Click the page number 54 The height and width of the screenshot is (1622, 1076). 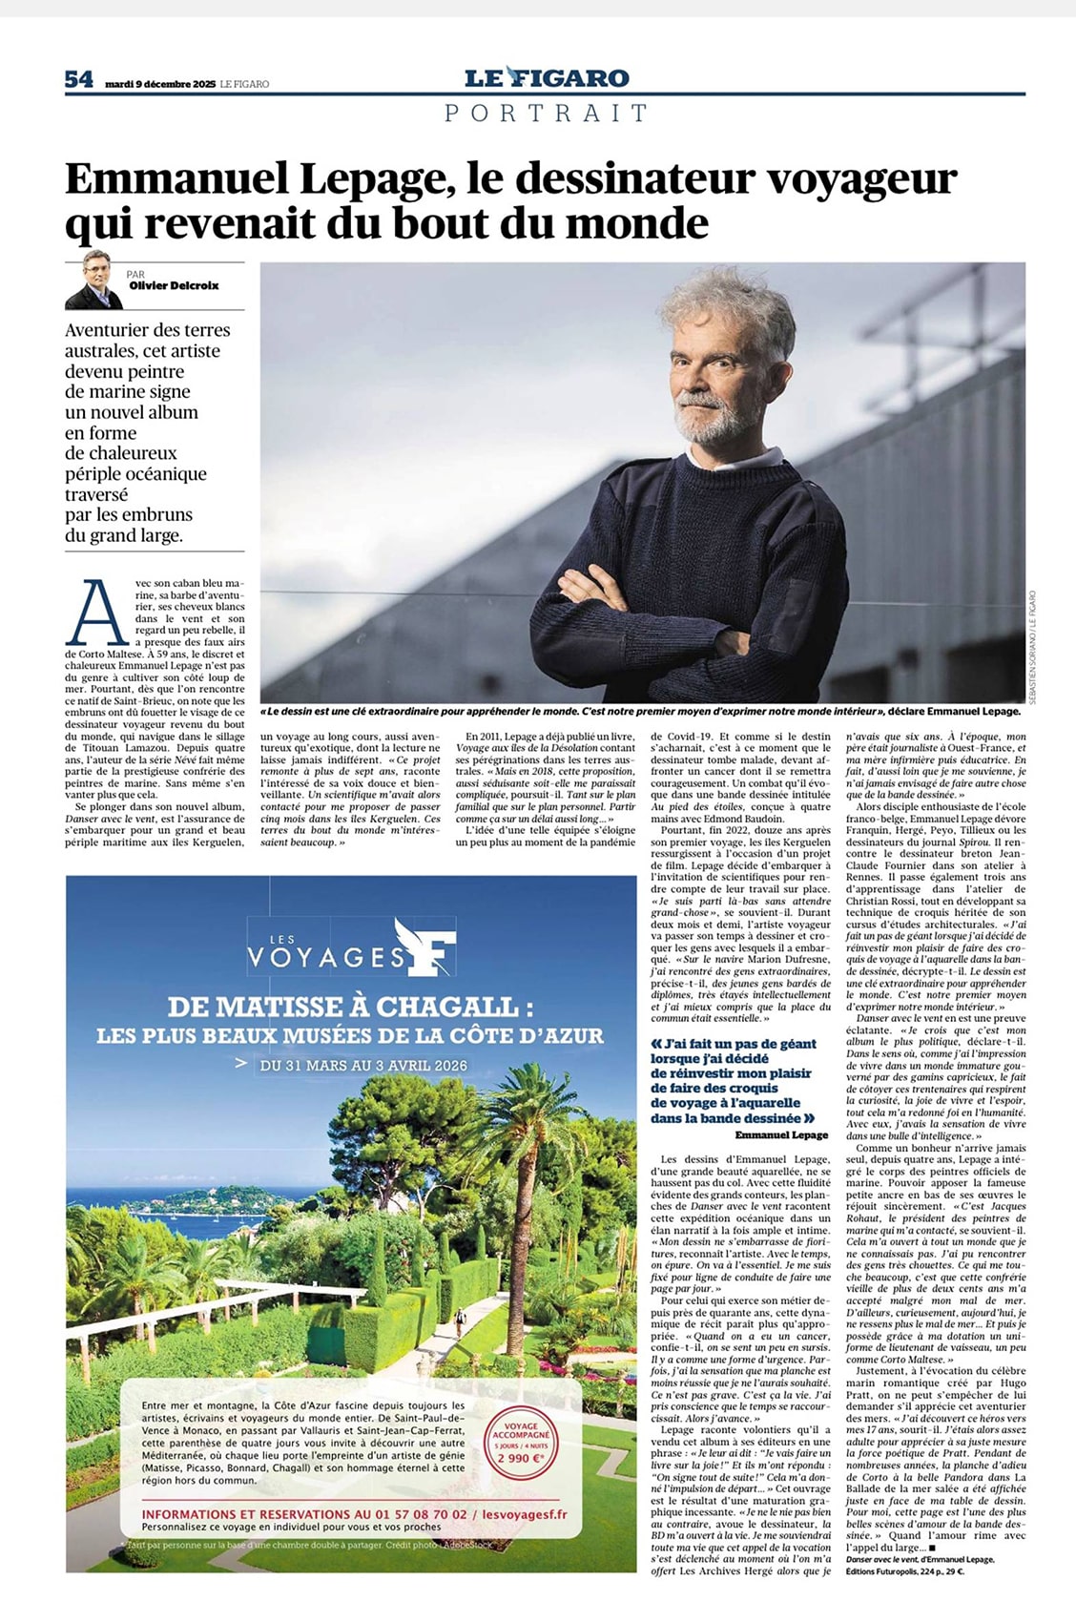pos(79,80)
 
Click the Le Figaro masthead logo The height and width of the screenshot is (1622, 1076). pos(547,78)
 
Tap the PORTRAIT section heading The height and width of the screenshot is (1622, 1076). pos(547,113)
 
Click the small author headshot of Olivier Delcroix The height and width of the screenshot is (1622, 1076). pos(94,281)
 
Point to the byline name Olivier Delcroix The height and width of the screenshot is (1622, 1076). pos(174,285)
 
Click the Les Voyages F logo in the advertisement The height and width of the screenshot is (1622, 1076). pos(350,948)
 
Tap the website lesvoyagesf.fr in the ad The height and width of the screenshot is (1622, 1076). pos(525,1514)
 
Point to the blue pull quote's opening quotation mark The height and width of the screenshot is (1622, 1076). pos(655,1044)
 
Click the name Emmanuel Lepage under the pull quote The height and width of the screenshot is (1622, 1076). pos(781,1135)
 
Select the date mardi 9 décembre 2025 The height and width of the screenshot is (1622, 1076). pos(160,84)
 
